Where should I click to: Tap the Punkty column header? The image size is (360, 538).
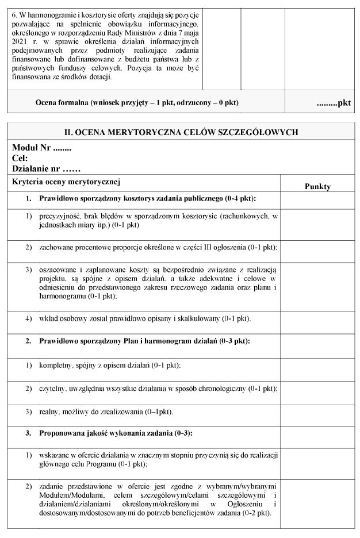pos(317,186)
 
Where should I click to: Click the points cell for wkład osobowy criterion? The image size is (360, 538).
pos(317,318)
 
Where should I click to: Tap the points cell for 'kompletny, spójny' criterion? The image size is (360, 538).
pos(317,365)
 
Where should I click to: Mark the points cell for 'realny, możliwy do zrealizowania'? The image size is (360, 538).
pos(317,412)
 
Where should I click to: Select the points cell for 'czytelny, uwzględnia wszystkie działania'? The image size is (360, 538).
pos(317,389)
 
